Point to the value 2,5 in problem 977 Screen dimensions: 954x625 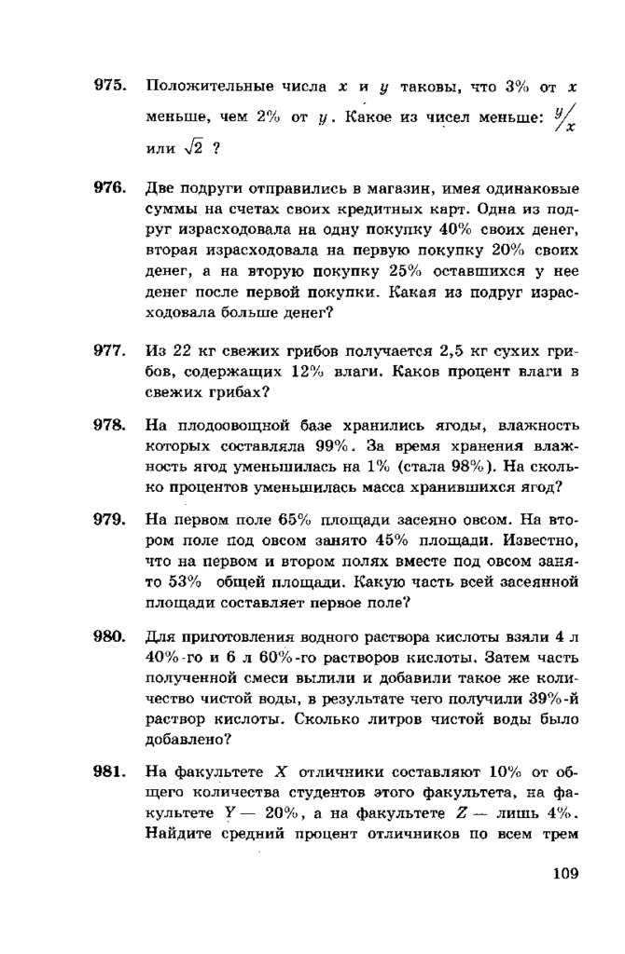coord(451,352)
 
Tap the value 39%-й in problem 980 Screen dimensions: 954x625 coord(549,700)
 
